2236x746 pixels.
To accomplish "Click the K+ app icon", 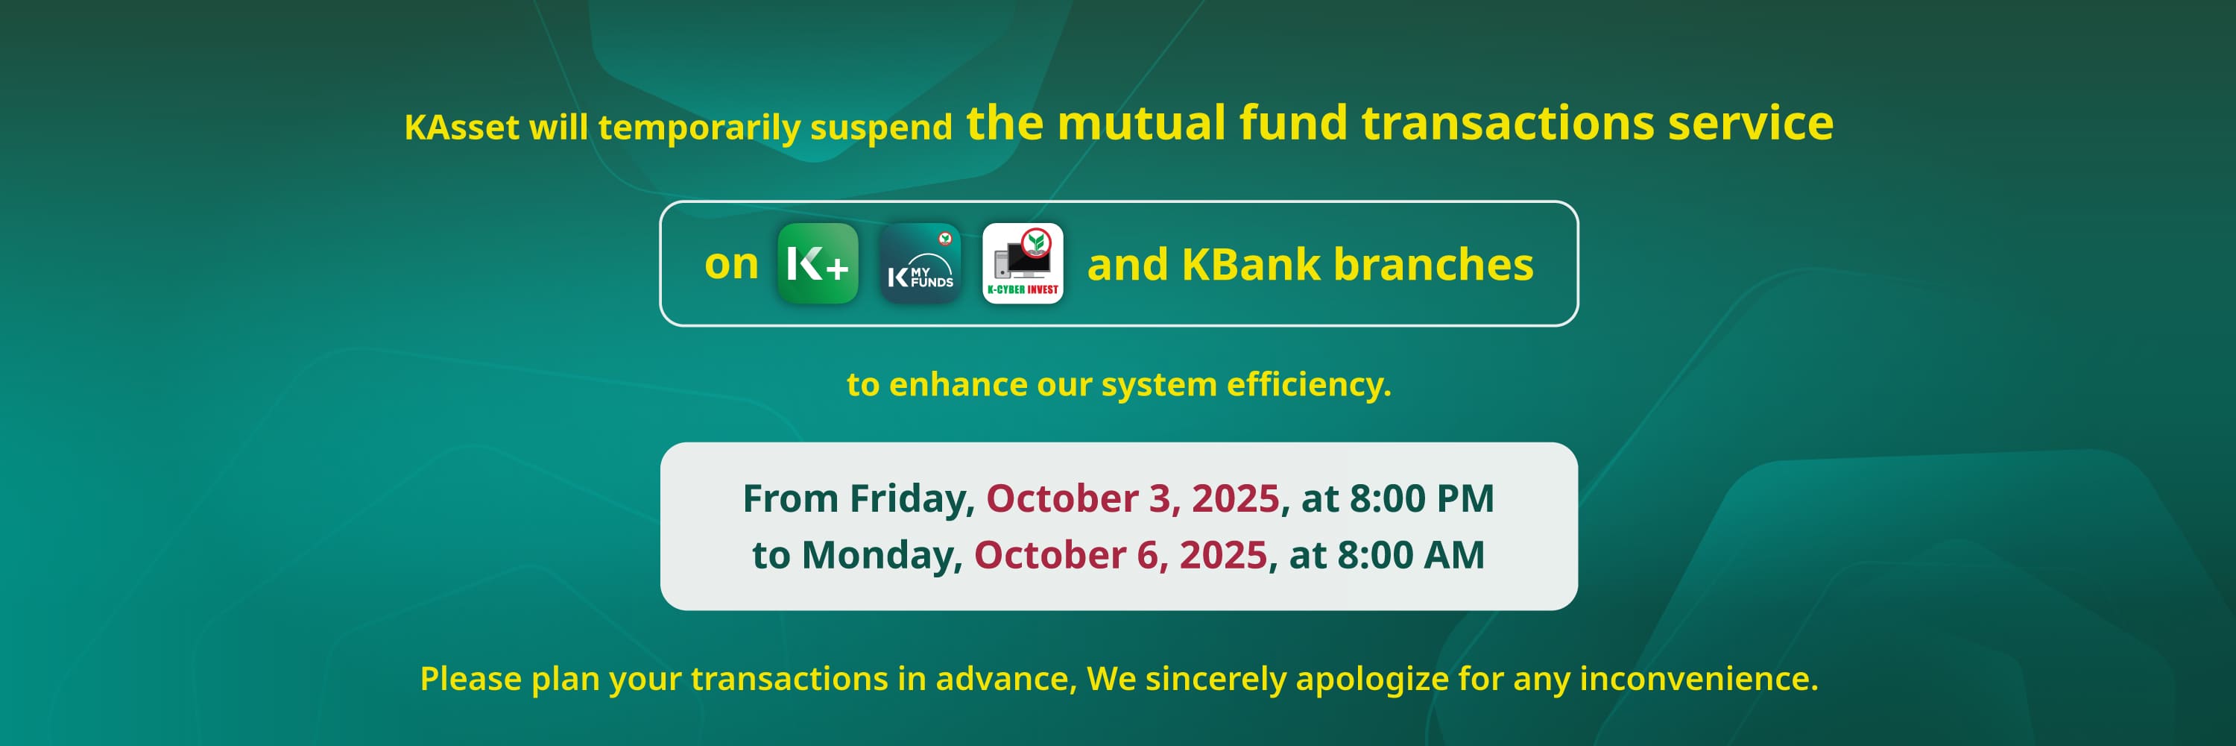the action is pyautogui.click(x=818, y=263).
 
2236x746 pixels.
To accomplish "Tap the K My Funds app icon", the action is pyautogui.click(x=920, y=263).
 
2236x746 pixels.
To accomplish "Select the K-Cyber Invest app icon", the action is pyautogui.click(x=1023, y=263).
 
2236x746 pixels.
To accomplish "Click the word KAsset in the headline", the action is pyautogui.click(x=462, y=128).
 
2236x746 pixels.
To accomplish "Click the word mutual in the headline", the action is pyautogui.click(x=1140, y=122).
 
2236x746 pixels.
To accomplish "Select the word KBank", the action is pyautogui.click(x=1251, y=264).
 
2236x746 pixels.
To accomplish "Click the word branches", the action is pyautogui.click(x=1433, y=264).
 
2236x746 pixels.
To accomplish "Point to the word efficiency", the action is pyautogui.click(x=1308, y=385).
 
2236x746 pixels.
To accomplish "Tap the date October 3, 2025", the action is pyautogui.click(x=1133, y=498).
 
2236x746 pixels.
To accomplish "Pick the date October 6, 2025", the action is pyautogui.click(x=1120, y=555).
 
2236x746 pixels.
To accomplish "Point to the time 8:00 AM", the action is pyautogui.click(x=1410, y=555).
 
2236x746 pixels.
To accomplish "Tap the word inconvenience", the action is pyautogui.click(x=1699, y=678).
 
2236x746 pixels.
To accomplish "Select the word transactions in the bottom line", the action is pyautogui.click(x=789, y=679).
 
